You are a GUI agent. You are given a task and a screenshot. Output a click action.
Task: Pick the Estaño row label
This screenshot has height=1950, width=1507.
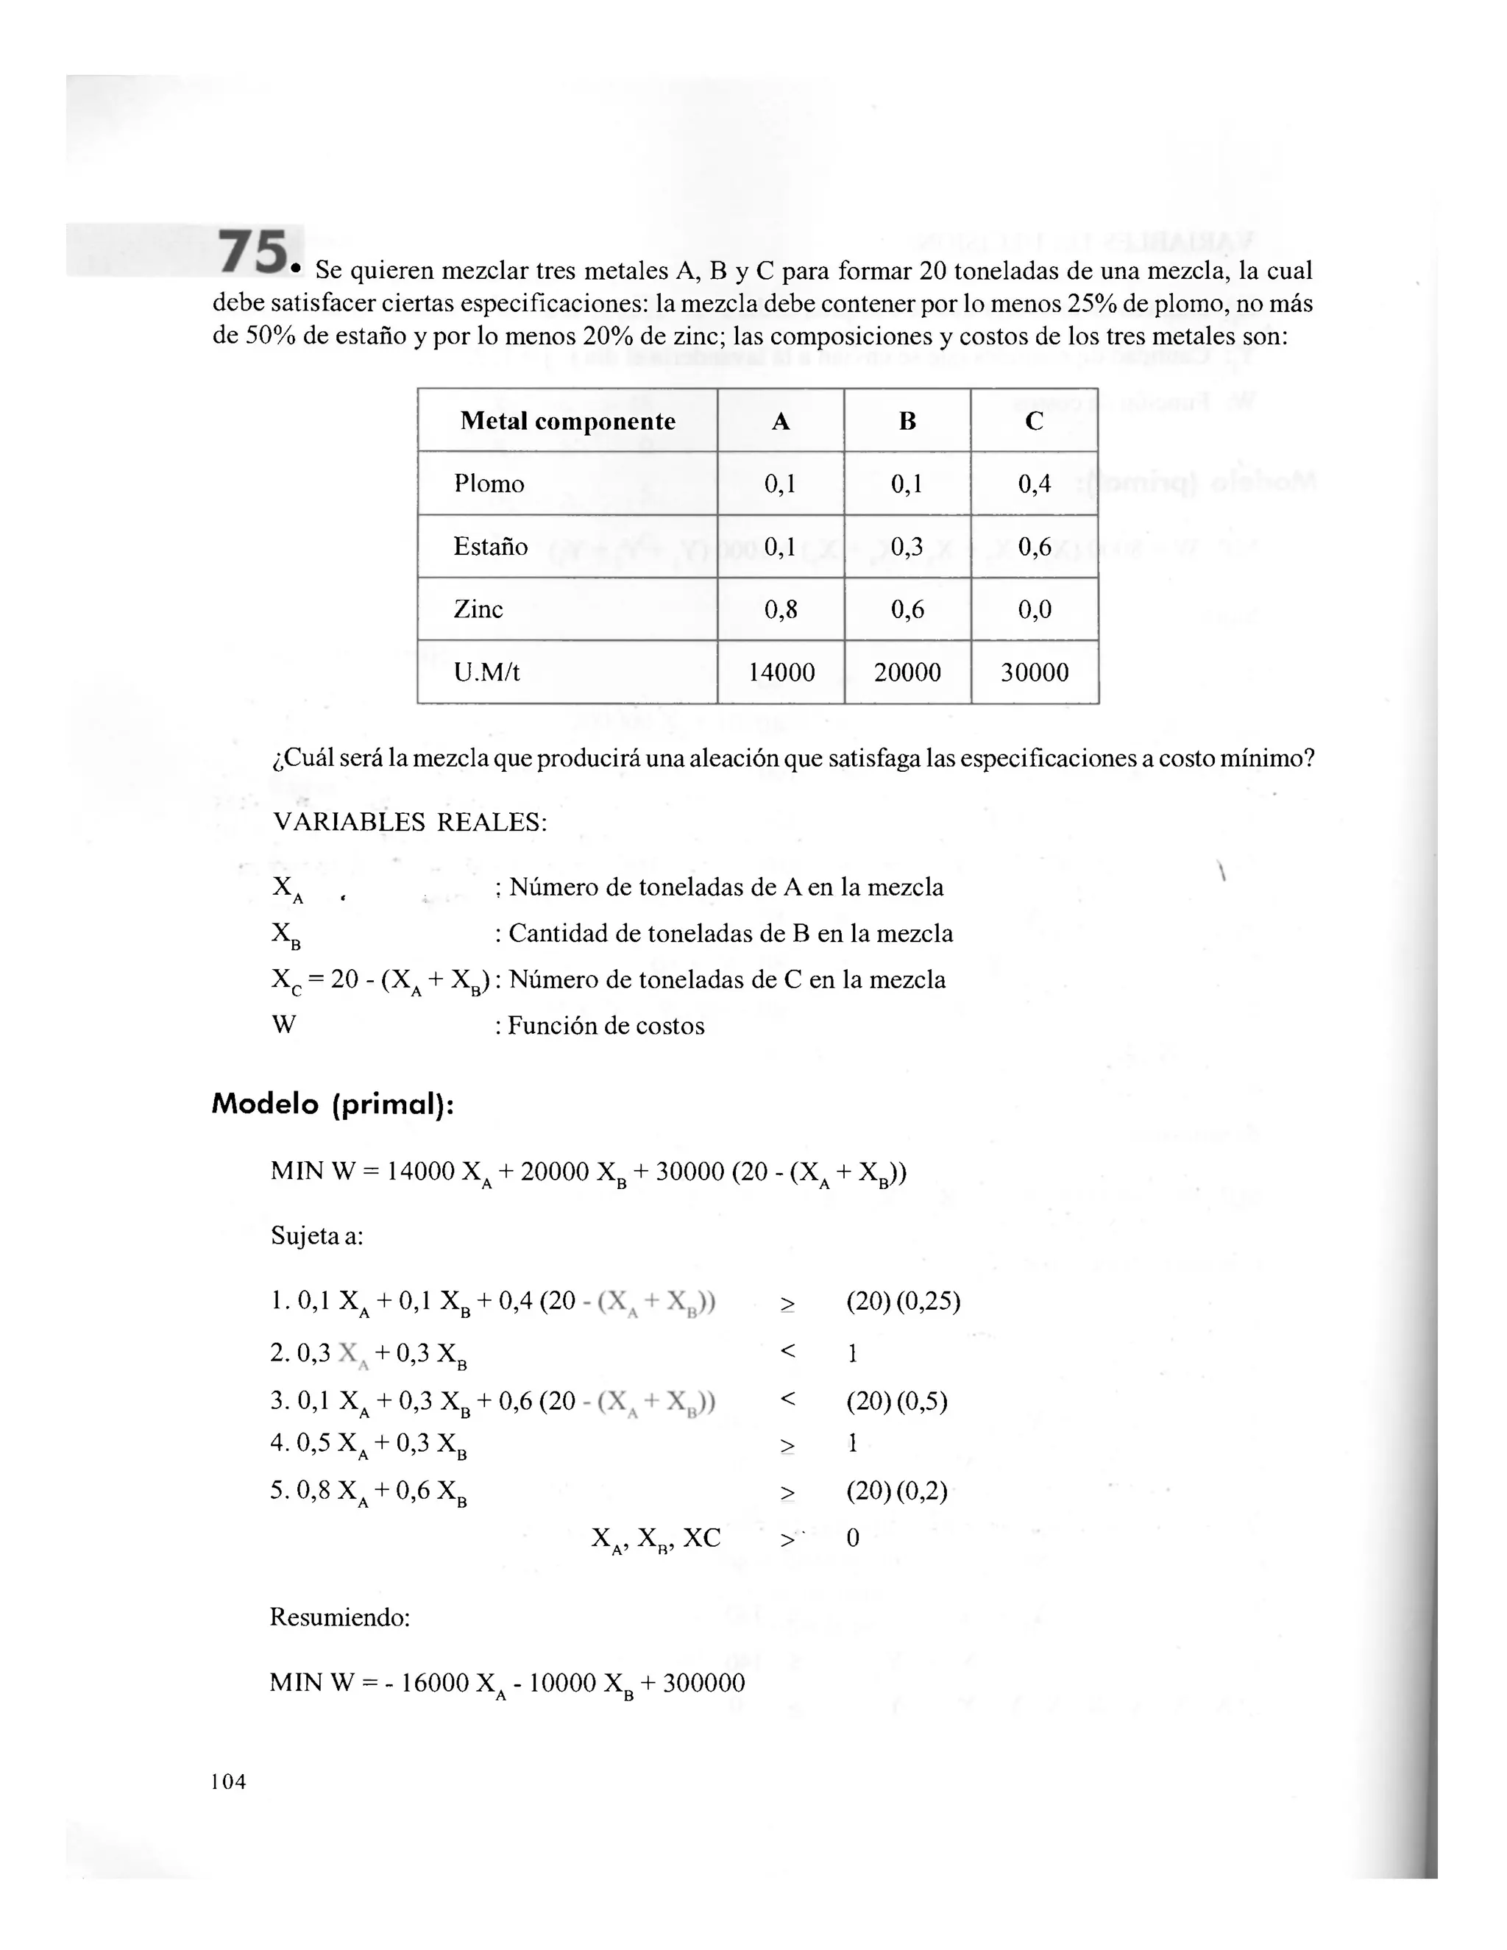coord(490,547)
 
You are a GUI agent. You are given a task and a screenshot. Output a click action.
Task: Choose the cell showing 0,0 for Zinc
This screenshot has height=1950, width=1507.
coord(1034,609)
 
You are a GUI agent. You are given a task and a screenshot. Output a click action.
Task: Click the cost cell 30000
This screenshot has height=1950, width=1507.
coord(1034,673)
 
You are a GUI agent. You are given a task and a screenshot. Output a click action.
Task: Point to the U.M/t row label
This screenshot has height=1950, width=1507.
coord(486,673)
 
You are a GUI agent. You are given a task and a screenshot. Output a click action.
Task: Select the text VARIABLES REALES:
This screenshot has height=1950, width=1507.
coord(410,823)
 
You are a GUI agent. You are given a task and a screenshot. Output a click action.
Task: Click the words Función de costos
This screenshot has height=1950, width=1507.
coord(606,1026)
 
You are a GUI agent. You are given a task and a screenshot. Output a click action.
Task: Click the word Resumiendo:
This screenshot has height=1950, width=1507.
coord(339,1617)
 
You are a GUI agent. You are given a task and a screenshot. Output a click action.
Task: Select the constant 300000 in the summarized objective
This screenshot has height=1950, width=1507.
coord(701,1683)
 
